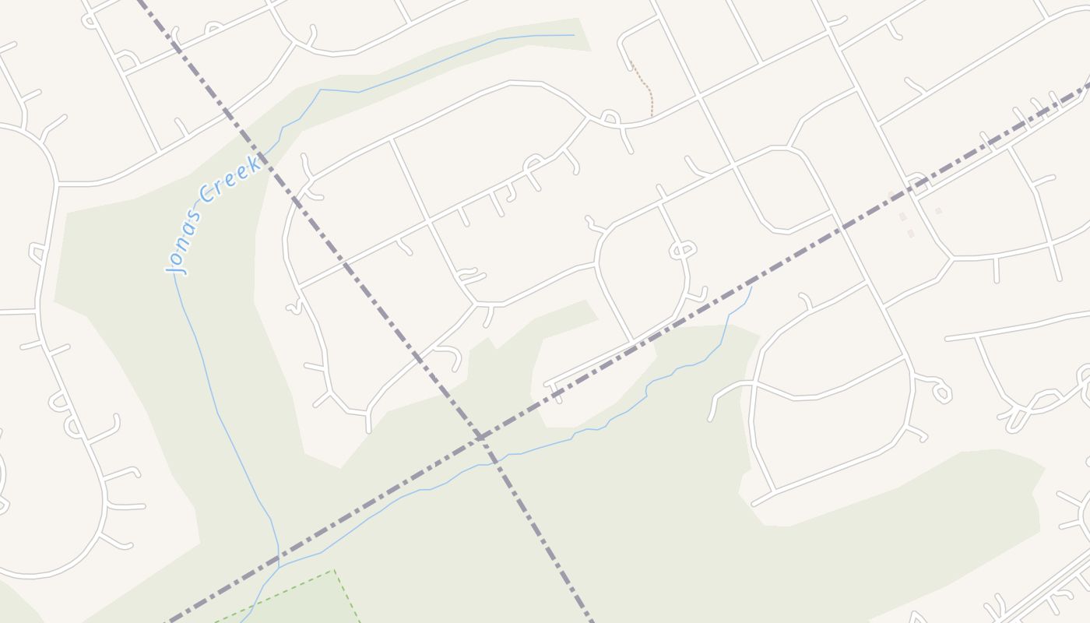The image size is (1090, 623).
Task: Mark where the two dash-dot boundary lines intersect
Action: (480, 438)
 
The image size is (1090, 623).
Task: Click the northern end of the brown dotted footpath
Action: (631, 62)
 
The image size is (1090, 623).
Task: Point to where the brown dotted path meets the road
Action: (652, 117)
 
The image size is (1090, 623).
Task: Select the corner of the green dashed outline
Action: (335, 570)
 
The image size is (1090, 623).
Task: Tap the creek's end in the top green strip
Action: (574, 35)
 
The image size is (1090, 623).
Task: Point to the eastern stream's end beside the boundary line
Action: (751, 287)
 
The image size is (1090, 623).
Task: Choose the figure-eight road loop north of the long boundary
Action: (682, 250)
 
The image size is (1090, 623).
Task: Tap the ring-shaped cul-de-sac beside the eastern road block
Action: (942, 392)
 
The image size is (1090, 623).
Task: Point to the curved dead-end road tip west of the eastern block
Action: (711, 419)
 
